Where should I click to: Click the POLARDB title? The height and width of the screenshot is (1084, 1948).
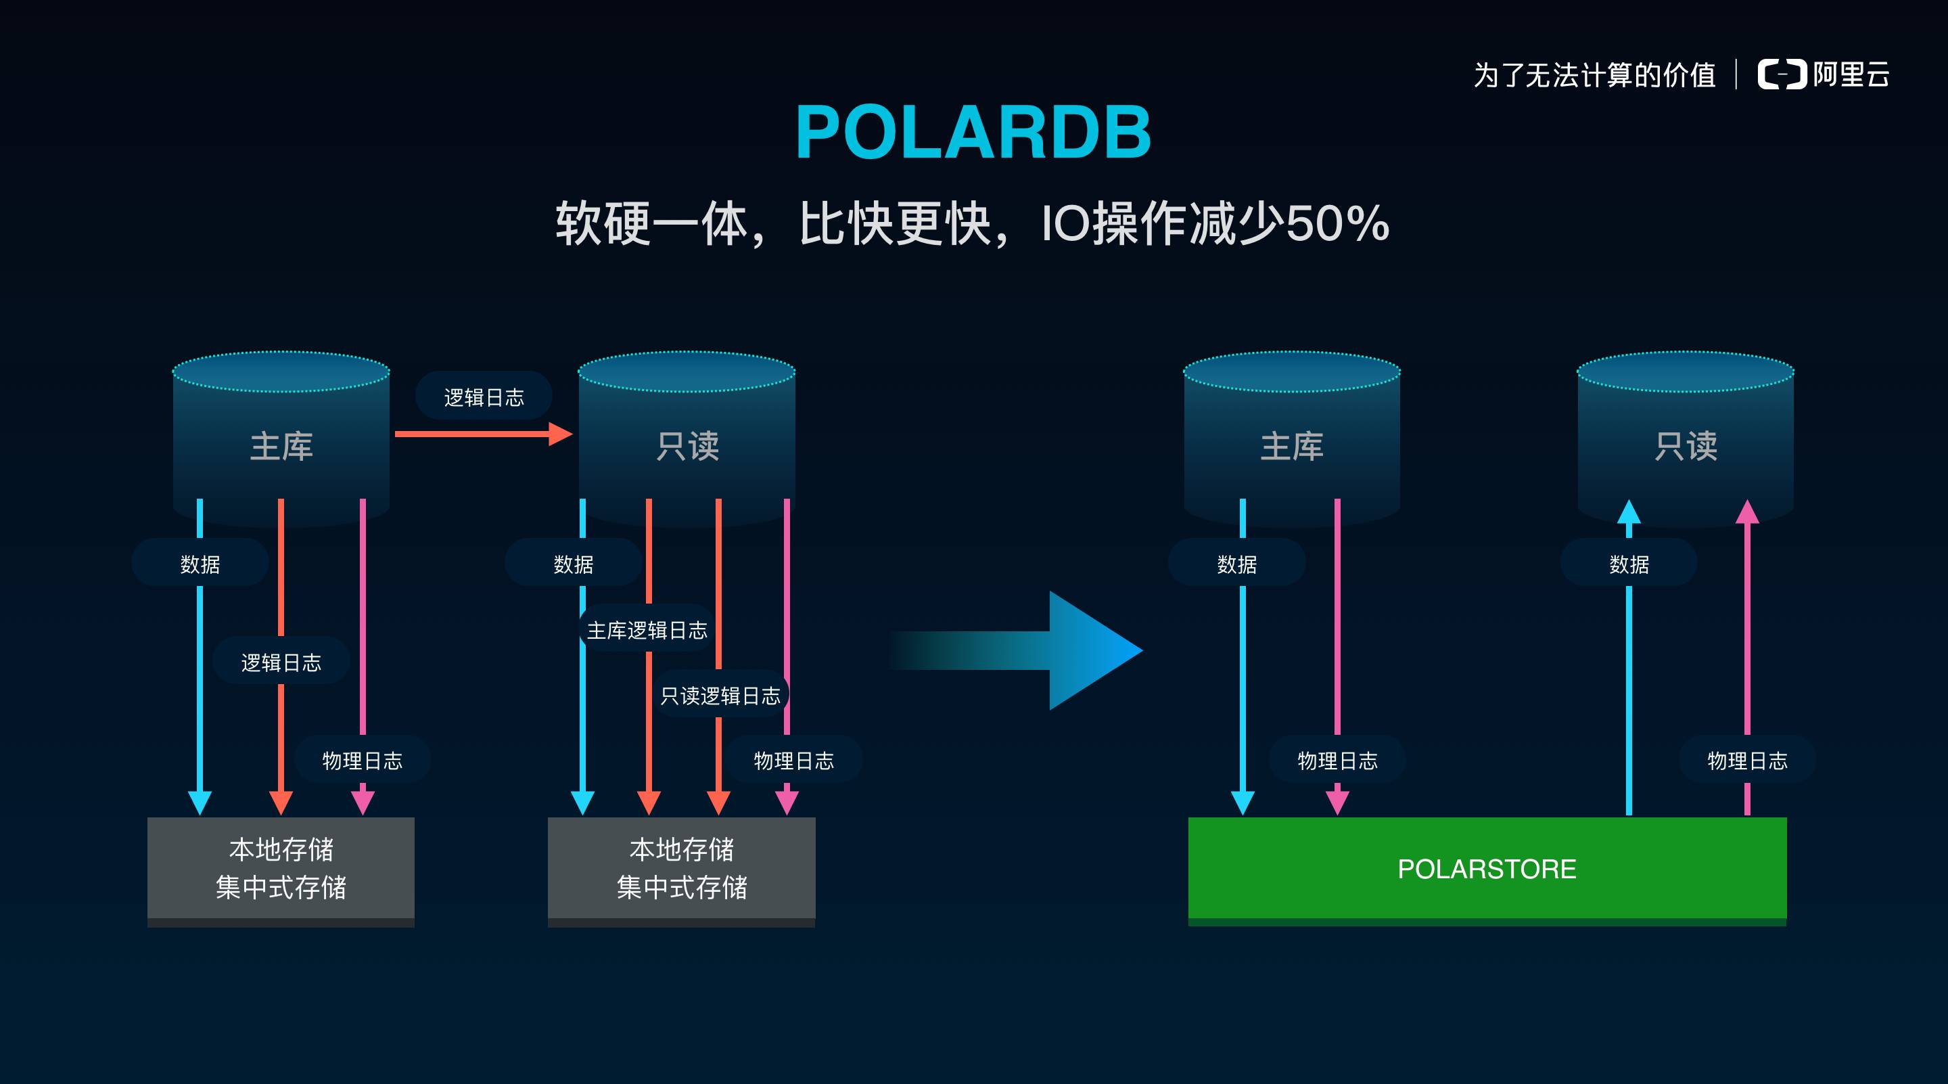[x=973, y=133]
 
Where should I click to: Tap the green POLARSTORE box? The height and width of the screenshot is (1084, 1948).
[x=1487, y=868]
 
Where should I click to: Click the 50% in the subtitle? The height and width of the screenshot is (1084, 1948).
[x=1338, y=224]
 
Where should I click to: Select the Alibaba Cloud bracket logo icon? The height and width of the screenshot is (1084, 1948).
[x=1782, y=74]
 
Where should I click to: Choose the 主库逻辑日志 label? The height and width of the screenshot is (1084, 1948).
[x=647, y=630]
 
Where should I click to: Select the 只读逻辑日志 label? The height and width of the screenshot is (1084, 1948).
[x=720, y=695]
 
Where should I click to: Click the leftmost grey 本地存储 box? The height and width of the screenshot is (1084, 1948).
[x=281, y=868]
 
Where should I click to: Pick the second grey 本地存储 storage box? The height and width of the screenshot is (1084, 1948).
[x=681, y=868]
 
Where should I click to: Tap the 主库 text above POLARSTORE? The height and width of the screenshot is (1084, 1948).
[x=1292, y=447]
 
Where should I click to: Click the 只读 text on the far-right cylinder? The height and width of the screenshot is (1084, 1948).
[x=1686, y=447]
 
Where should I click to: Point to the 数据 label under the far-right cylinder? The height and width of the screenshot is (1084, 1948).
[x=1629, y=564]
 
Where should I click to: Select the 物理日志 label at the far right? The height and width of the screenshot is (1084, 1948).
[x=1747, y=761]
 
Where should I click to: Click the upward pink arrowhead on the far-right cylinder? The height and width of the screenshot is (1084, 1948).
[x=1747, y=512]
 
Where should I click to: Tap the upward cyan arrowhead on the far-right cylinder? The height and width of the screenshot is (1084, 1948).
[x=1629, y=512]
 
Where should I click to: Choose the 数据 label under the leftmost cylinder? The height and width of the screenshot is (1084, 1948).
[x=200, y=564]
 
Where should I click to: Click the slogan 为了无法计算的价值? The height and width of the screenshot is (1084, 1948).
[x=1594, y=75]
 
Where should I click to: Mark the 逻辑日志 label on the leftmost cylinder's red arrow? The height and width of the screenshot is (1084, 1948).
[x=281, y=662]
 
